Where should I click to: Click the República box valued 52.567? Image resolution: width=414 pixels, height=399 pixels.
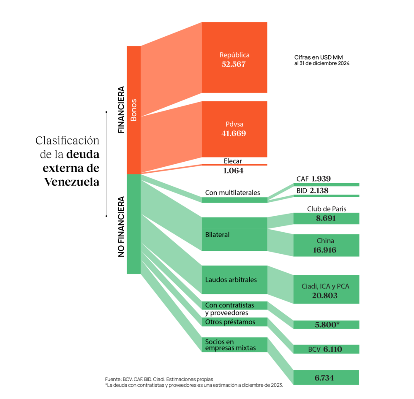coord(234,57)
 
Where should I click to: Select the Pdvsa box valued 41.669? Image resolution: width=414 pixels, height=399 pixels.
coord(234,129)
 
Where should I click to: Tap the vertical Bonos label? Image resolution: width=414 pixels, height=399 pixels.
coord(133,110)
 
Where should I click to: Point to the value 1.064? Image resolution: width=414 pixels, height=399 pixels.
coord(233,171)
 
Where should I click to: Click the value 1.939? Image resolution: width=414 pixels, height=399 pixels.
coord(321,179)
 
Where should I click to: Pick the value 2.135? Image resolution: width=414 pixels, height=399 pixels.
coord(319,190)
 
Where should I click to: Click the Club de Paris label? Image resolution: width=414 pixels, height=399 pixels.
coord(327,209)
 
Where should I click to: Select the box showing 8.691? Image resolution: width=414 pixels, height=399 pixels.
coord(326,219)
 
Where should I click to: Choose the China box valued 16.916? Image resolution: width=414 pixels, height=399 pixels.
coord(326,245)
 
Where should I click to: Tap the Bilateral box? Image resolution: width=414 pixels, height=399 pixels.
coord(234,234)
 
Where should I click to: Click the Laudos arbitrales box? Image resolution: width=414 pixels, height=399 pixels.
coord(234,280)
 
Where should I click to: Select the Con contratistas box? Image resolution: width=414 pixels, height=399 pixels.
coord(234,305)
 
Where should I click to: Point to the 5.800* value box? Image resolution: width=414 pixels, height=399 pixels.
coord(326,325)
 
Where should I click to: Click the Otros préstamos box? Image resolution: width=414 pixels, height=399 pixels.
coord(234,322)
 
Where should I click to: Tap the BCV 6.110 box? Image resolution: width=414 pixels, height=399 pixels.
coord(326,349)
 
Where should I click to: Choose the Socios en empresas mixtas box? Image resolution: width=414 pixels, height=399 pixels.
coord(234,345)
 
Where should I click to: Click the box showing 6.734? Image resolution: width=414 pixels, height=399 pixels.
coord(326,377)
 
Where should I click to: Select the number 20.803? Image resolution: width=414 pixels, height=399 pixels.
coord(325,296)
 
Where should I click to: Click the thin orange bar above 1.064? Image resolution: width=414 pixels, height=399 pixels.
coord(234,165)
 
